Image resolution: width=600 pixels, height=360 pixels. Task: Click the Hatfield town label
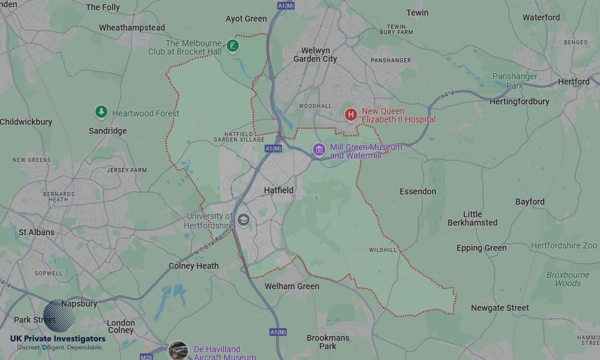tap(279, 190)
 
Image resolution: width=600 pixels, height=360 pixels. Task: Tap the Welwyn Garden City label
tap(315, 55)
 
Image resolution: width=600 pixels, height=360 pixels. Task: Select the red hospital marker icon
tap(351, 114)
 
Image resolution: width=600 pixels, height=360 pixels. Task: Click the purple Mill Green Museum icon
tap(319, 149)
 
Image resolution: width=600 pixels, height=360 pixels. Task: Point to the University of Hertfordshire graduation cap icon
tap(243, 220)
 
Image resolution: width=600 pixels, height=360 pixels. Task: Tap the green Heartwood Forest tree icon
tap(101, 112)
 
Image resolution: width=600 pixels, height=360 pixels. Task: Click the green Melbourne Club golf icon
tap(233, 46)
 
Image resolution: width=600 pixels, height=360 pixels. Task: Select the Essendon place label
tap(418, 191)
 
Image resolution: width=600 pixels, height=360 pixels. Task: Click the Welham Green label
tap(292, 286)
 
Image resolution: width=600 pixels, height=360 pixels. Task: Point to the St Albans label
tap(36, 232)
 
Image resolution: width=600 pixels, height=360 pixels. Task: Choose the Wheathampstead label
tap(132, 28)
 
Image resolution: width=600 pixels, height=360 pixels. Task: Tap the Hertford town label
tap(574, 82)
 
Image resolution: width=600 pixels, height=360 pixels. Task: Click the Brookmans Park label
tap(328, 342)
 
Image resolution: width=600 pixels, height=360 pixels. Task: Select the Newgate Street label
tap(500, 308)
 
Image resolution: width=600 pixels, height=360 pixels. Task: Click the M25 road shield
tap(146, 357)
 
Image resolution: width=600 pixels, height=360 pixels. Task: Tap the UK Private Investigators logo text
tap(58, 339)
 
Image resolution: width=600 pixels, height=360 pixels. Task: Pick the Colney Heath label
tap(193, 266)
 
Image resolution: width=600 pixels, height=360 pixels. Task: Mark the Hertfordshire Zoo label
tap(564, 246)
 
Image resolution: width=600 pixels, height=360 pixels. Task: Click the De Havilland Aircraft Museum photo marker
tap(178, 350)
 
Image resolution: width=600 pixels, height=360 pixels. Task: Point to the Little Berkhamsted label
tap(472, 218)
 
